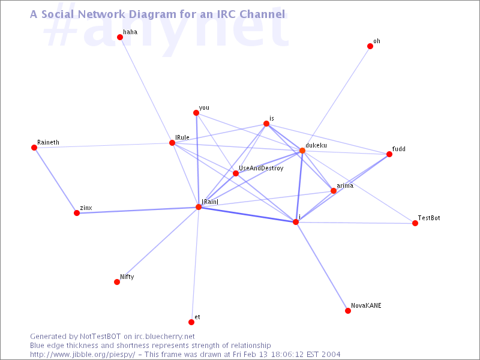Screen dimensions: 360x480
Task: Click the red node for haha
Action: pyautogui.click(x=120, y=37)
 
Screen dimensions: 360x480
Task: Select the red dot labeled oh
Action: pyautogui.click(x=370, y=46)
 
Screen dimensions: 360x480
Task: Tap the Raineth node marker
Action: pyautogui.click(x=34, y=148)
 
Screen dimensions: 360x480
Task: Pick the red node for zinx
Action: pyautogui.click(x=77, y=213)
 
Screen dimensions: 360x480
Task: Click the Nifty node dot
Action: pyautogui.click(x=117, y=282)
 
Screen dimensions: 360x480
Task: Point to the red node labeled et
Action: pyautogui.click(x=191, y=322)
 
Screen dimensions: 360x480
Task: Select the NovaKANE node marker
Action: pyautogui.click(x=348, y=311)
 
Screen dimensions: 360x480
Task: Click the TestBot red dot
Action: pyautogui.click(x=415, y=223)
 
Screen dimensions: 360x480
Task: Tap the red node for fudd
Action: pyautogui.click(x=389, y=154)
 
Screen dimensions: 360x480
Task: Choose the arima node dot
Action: pyautogui.click(x=334, y=191)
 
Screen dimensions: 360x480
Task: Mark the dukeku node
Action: pyautogui.click(x=302, y=151)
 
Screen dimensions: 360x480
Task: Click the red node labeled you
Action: pyautogui.click(x=196, y=113)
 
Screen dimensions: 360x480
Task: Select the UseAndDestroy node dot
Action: pyautogui.click(x=236, y=173)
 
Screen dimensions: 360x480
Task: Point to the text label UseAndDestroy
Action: pyautogui.click(x=261, y=169)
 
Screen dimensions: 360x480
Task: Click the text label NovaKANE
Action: pyautogui.click(x=366, y=305)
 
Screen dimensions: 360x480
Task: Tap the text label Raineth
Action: pyautogui.click(x=48, y=142)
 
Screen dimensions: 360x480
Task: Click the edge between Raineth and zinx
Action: pyautogui.click(x=55, y=180)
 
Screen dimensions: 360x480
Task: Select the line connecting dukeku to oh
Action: pyautogui.click(x=336, y=98)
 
